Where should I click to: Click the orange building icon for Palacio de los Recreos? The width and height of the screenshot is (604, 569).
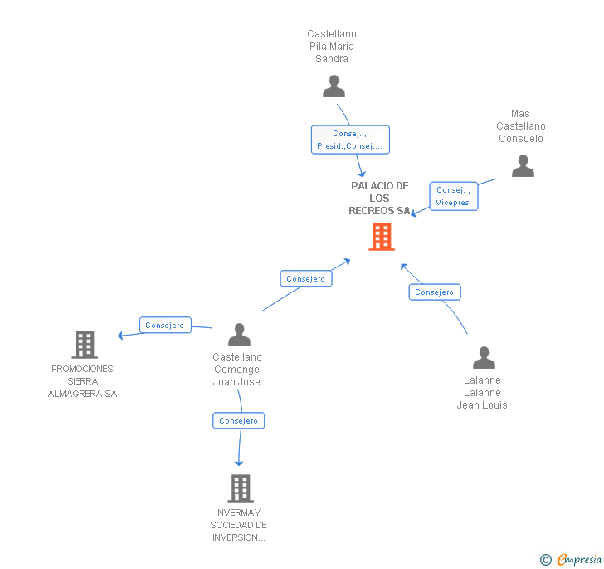click(381, 238)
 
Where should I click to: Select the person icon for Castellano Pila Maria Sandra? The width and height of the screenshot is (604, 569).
click(334, 86)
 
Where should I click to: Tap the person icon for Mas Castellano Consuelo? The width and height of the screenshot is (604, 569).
click(523, 166)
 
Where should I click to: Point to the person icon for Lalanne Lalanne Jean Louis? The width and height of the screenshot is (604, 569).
click(484, 358)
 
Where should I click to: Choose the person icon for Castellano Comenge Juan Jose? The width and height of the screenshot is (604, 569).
click(239, 335)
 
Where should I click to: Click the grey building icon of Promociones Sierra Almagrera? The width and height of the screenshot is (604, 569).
click(84, 344)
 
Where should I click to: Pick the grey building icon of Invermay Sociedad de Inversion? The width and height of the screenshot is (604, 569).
click(240, 488)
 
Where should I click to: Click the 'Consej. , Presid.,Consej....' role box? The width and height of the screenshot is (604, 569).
click(349, 140)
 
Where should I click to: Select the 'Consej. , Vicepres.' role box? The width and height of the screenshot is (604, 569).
click(453, 196)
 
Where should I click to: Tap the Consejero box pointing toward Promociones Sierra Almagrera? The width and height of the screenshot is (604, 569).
click(164, 326)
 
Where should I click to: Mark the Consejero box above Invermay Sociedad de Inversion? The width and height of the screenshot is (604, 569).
click(238, 421)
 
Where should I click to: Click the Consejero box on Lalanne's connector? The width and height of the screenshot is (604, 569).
click(434, 292)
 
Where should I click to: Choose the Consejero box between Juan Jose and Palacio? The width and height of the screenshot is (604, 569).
click(305, 279)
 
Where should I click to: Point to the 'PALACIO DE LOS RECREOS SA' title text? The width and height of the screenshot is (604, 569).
click(379, 199)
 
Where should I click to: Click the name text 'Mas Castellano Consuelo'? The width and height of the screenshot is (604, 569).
click(521, 126)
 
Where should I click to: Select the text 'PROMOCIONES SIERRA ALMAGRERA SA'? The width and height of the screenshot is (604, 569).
click(82, 381)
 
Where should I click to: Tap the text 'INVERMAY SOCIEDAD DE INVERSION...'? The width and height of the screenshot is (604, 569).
click(238, 525)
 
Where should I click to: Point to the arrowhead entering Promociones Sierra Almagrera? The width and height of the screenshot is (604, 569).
click(121, 336)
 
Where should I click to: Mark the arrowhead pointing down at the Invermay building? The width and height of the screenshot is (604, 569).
click(239, 463)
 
